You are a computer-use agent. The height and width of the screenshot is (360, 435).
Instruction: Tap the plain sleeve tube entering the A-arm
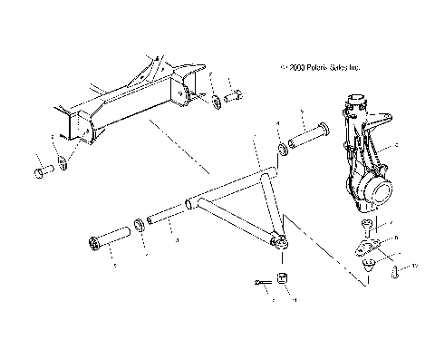coord(169,219)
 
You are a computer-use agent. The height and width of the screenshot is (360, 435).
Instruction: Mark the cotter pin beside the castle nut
coord(262,282)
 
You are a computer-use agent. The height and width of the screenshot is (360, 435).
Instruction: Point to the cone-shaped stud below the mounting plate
coord(371,267)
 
